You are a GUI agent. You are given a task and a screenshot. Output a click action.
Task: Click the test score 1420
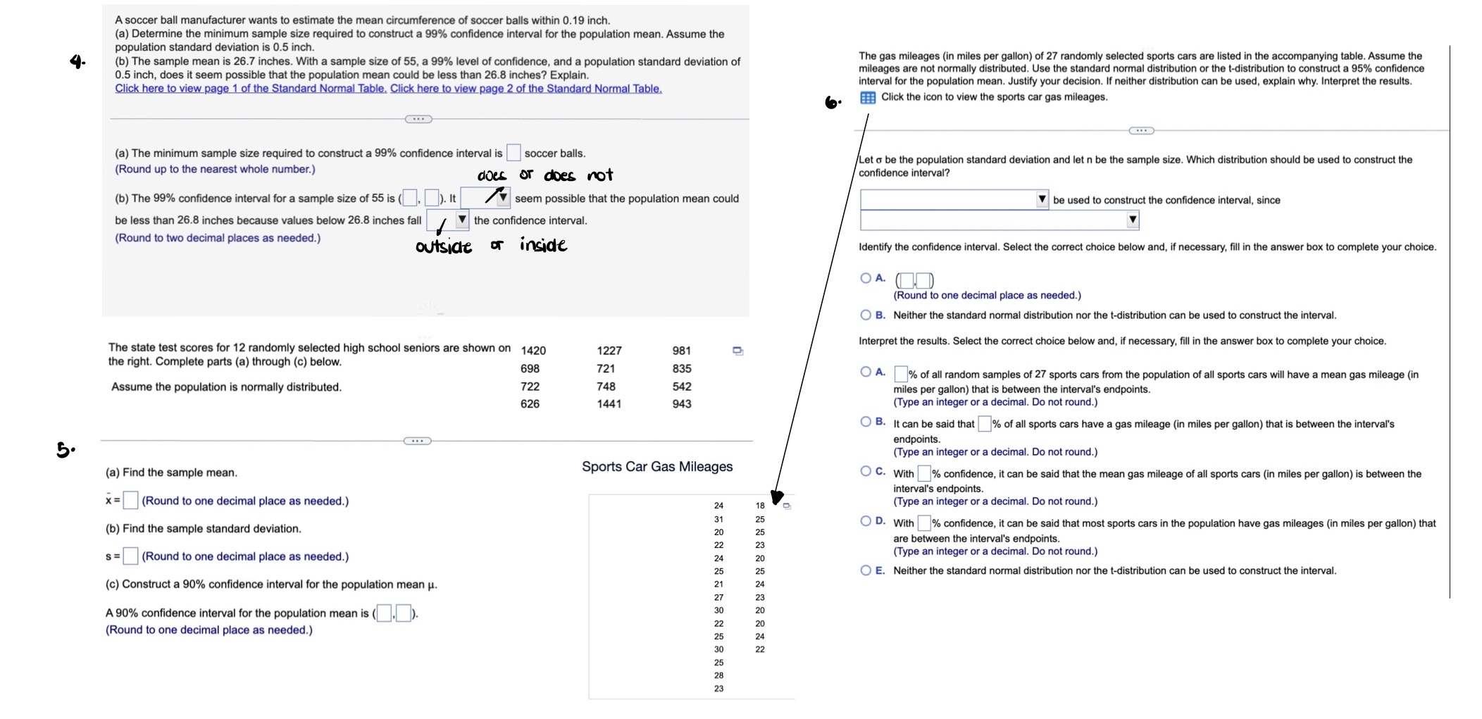pyautogui.click(x=533, y=351)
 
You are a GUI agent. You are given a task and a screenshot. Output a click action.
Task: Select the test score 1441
pyautogui.click(x=609, y=404)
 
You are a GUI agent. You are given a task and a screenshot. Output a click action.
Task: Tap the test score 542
pyautogui.click(x=681, y=387)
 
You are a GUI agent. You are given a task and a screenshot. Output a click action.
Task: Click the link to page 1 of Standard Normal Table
pyautogui.click(x=251, y=89)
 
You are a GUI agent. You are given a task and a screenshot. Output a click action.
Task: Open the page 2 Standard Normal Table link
pyautogui.click(x=525, y=89)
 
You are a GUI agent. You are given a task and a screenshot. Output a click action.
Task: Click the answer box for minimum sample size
pyautogui.click(x=513, y=153)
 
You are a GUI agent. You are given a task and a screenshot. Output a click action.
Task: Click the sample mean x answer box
pyautogui.click(x=130, y=501)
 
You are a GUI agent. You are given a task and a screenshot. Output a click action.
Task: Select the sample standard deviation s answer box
pyautogui.click(x=130, y=556)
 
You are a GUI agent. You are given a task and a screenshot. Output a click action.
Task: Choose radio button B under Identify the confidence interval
pyautogui.click(x=866, y=315)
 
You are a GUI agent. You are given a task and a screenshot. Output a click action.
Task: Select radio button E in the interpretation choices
pyautogui.click(x=866, y=570)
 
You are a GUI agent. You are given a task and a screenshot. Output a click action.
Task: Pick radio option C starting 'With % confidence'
pyautogui.click(x=866, y=471)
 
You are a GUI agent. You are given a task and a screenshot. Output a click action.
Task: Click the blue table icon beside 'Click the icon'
pyautogui.click(x=868, y=98)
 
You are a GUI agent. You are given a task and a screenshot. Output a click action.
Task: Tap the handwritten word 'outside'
pyautogui.click(x=444, y=247)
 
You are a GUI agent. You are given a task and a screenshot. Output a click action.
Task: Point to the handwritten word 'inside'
pyautogui.click(x=543, y=245)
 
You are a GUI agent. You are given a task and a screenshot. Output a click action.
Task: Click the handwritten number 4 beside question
pyautogui.click(x=77, y=62)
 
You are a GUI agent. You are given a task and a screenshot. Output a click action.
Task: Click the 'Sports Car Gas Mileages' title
pyautogui.click(x=657, y=467)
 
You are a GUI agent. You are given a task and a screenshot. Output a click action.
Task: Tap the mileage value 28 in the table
pyautogui.click(x=718, y=675)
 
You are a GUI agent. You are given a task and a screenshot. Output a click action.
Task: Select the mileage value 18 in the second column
pyautogui.click(x=760, y=506)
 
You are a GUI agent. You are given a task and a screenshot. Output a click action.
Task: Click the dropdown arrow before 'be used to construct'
pyautogui.click(x=1042, y=200)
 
